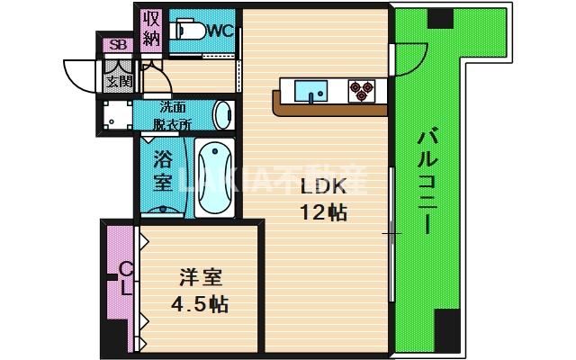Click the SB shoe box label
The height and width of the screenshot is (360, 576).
[116, 45]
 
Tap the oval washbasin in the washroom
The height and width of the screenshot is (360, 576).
[223, 116]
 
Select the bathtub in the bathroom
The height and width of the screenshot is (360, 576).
[214, 178]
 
